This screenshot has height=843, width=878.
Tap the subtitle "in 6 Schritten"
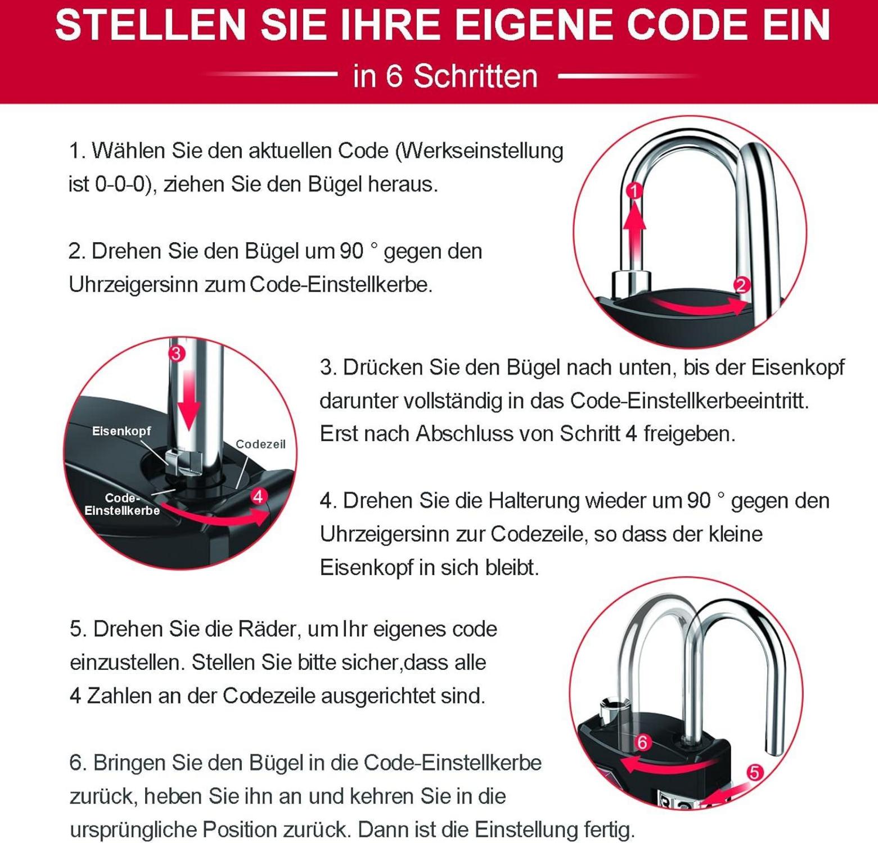tap(445, 76)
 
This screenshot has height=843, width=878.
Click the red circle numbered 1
tap(634, 191)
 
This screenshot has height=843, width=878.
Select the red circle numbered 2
tap(742, 285)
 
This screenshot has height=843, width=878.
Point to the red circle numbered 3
tap(177, 353)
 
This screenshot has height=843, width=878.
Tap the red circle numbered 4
tap(258, 496)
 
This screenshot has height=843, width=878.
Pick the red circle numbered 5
tap(755, 773)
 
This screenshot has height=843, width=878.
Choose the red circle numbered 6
tap(642, 742)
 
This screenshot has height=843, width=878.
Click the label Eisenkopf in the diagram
tap(121, 431)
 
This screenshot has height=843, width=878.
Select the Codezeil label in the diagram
tap(260, 444)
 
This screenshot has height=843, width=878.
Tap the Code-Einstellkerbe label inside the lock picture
tap(122, 504)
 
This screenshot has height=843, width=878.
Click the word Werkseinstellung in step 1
tap(479, 151)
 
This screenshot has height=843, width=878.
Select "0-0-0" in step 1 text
tap(119, 184)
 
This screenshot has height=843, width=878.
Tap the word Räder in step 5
tap(268, 629)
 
